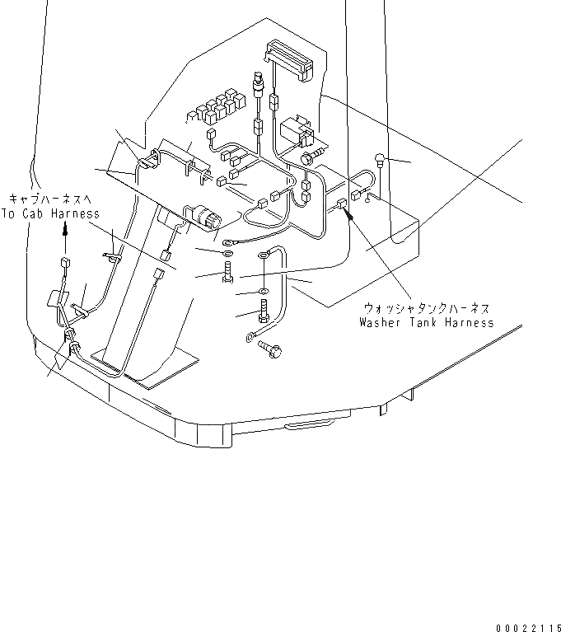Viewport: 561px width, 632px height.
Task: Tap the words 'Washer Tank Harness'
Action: coord(427,322)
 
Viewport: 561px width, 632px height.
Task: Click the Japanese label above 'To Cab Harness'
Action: coord(51,199)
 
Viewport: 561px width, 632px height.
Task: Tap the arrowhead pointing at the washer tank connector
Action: coord(349,217)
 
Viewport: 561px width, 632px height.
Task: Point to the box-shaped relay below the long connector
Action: coord(293,132)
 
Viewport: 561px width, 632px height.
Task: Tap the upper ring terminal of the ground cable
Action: coord(264,255)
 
